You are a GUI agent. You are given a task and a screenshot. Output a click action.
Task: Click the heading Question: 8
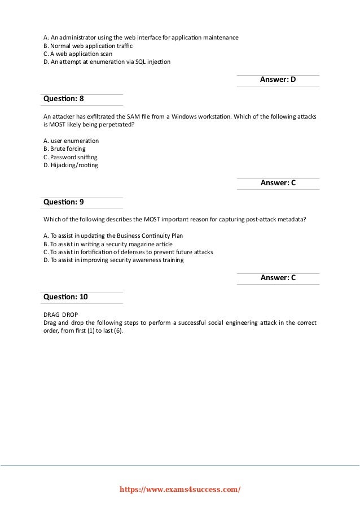pyautogui.click(x=63, y=99)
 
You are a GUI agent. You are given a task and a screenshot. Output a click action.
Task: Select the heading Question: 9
pyautogui.click(x=63, y=202)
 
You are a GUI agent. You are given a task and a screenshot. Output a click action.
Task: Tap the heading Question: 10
pyautogui.click(x=65, y=297)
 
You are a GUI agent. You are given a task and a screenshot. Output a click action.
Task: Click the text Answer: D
pyautogui.click(x=278, y=80)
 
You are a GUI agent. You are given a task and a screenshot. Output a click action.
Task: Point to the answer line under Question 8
pyautogui.click(x=278, y=183)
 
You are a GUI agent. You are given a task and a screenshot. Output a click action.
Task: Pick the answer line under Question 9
pyautogui.click(x=278, y=278)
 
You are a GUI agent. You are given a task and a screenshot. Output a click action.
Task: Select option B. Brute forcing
pyautogui.click(x=64, y=149)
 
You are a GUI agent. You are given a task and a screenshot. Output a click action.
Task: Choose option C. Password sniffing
pyautogui.click(x=71, y=157)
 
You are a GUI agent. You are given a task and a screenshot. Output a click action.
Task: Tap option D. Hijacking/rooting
pyautogui.click(x=70, y=165)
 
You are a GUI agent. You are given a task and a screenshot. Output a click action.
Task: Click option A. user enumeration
pyautogui.click(x=71, y=140)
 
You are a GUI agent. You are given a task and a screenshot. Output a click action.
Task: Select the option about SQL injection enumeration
pyautogui.click(x=107, y=62)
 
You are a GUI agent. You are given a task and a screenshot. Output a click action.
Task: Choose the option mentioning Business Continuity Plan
pyautogui.click(x=113, y=235)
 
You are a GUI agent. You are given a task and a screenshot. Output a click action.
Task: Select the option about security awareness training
pyautogui.click(x=113, y=260)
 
